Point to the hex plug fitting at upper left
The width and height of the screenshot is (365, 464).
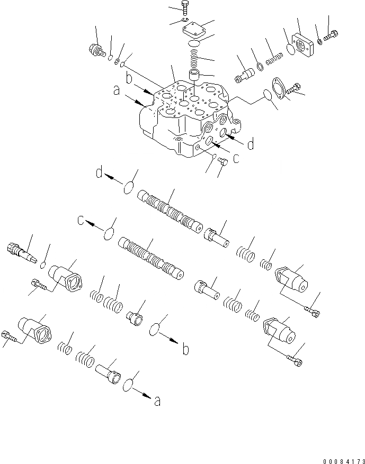(95, 50)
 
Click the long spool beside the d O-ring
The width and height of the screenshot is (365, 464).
(168, 211)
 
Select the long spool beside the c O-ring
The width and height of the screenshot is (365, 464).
(153, 256)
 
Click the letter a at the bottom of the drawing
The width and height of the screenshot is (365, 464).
(157, 402)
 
